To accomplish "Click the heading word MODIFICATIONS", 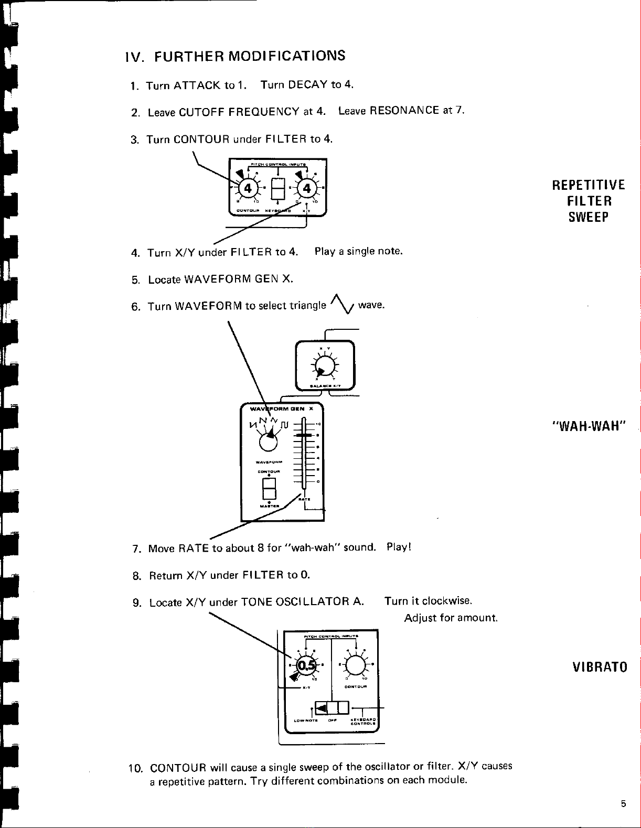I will point(287,56).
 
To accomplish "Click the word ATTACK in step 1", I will point(197,85).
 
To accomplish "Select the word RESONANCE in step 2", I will point(404,111).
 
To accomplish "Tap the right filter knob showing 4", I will point(307,188).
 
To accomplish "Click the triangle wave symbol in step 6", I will point(342,304).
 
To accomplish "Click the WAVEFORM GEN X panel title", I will point(282,408).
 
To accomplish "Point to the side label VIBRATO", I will point(600,668).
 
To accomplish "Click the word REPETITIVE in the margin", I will point(588,185).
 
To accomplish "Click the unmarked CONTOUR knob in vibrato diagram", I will point(356,665).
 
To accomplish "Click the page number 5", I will point(623,804).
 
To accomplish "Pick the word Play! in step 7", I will point(399,547).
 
